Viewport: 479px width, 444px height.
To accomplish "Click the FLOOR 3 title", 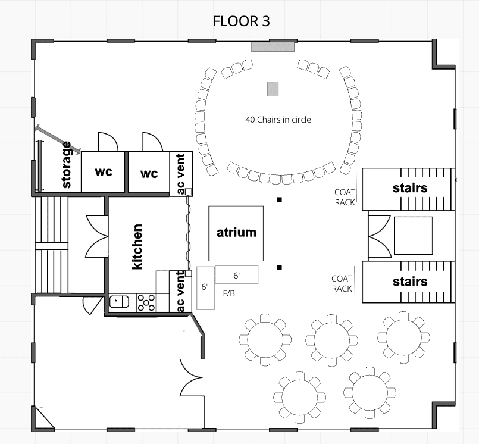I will [241, 21].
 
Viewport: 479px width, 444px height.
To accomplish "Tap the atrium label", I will [236, 232].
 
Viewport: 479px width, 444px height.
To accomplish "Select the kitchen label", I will [137, 246].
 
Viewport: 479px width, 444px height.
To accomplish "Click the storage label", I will [67, 165].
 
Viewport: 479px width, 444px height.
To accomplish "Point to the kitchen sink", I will [119, 302].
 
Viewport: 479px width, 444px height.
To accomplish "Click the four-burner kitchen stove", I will [146, 302].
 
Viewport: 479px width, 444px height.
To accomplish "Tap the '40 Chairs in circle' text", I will [278, 120].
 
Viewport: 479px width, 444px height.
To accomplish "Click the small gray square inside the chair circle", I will [273, 89].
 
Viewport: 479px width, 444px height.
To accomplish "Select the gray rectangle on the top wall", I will [273, 46].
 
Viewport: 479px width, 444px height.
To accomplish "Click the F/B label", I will [229, 293].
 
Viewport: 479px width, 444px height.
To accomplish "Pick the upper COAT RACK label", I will [345, 197].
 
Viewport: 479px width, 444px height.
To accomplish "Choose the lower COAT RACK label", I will [342, 283].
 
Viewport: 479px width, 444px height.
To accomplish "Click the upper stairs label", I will [409, 188].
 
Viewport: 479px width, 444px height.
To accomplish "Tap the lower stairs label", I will [409, 281].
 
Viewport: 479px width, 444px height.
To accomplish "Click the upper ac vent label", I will [180, 174].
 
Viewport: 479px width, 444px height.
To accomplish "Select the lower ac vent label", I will [180, 291].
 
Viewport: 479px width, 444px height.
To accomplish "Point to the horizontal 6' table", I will [236, 275].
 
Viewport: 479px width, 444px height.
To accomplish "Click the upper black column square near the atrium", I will [279, 200].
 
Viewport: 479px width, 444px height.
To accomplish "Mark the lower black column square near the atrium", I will [279, 268].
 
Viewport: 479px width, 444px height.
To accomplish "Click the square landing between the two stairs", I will [413, 235].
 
